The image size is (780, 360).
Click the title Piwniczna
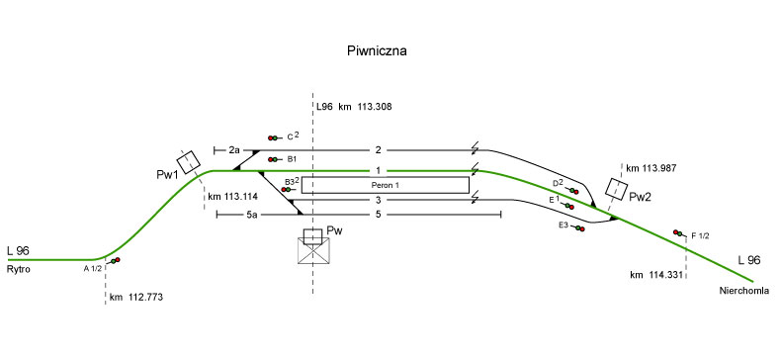[x=377, y=50]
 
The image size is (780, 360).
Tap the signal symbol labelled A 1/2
[x=115, y=260]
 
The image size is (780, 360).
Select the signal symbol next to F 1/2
[x=678, y=233]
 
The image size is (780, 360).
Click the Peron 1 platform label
[x=385, y=185]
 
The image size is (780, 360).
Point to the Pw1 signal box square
[x=189, y=162]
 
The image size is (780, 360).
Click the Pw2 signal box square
[x=617, y=189]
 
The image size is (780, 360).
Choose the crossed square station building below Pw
[x=313, y=250]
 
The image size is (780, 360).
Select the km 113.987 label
[x=650, y=168]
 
